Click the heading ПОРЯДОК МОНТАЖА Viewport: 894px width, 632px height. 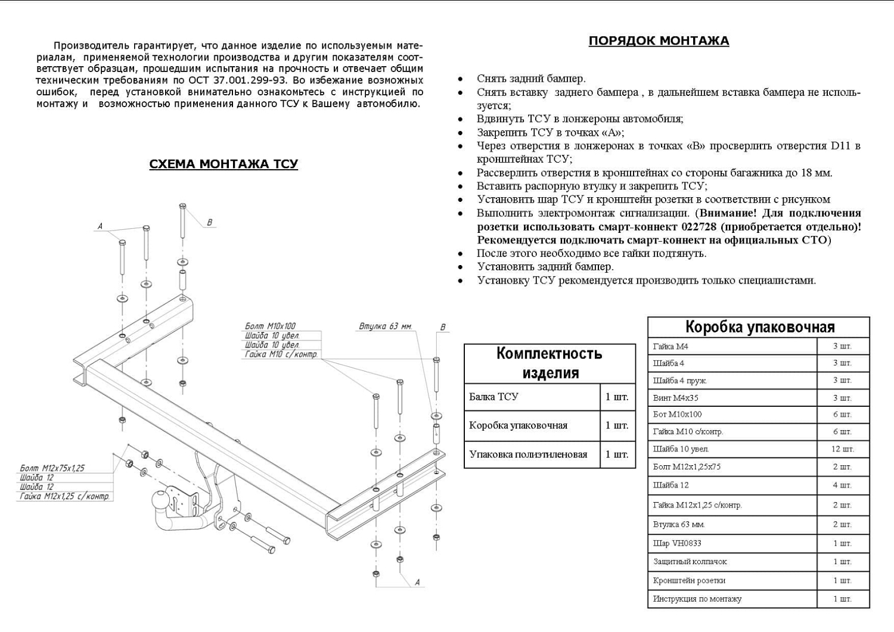[659, 41]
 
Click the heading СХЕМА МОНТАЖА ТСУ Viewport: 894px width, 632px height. [223, 164]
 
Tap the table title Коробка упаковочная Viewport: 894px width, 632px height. [759, 327]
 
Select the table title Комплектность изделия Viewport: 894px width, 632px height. [550, 363]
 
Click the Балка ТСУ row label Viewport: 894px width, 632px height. [493, 397]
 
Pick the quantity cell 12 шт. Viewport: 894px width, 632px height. [842, 449]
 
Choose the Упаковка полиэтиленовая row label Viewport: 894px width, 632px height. [528, 454]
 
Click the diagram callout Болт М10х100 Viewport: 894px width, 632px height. [270, 326]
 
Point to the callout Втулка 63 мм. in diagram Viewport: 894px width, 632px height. [385, 326]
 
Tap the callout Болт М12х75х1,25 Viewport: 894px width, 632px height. [52, 468]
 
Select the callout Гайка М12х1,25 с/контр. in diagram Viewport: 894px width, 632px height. [65, 496]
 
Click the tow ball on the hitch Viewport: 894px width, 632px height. [162, 498]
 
